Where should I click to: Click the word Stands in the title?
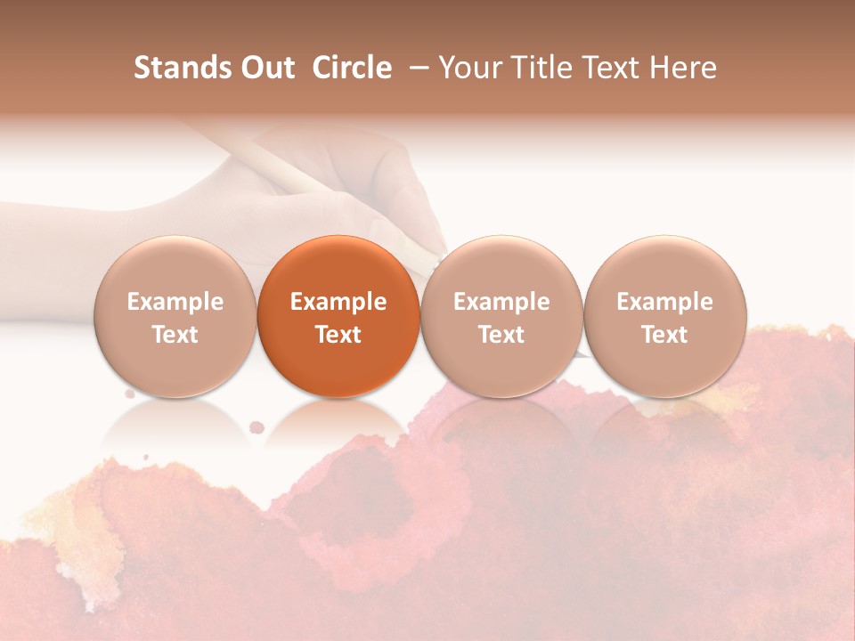(x=183, y=68)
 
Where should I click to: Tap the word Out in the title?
(x=267, y=68)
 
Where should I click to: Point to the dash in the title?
(x=415, y=68)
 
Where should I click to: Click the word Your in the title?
(x=470, y=68)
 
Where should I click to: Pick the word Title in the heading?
(x=541, y=68)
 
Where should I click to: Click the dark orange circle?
(x=338, y=316)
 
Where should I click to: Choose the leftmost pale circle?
(x=175, y=316)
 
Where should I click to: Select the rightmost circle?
(x=665, y=316)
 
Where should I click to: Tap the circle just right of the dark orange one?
(x=501, y=316)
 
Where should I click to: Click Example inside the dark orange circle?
(x=338, y=302)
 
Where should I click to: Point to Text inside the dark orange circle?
(x=338, y=335)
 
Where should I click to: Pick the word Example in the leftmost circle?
(x=175, y=302)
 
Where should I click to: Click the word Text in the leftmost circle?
(x=175, y=335)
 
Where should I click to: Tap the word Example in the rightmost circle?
(x=665, y=302)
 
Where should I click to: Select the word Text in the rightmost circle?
(x=665, y=335)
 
